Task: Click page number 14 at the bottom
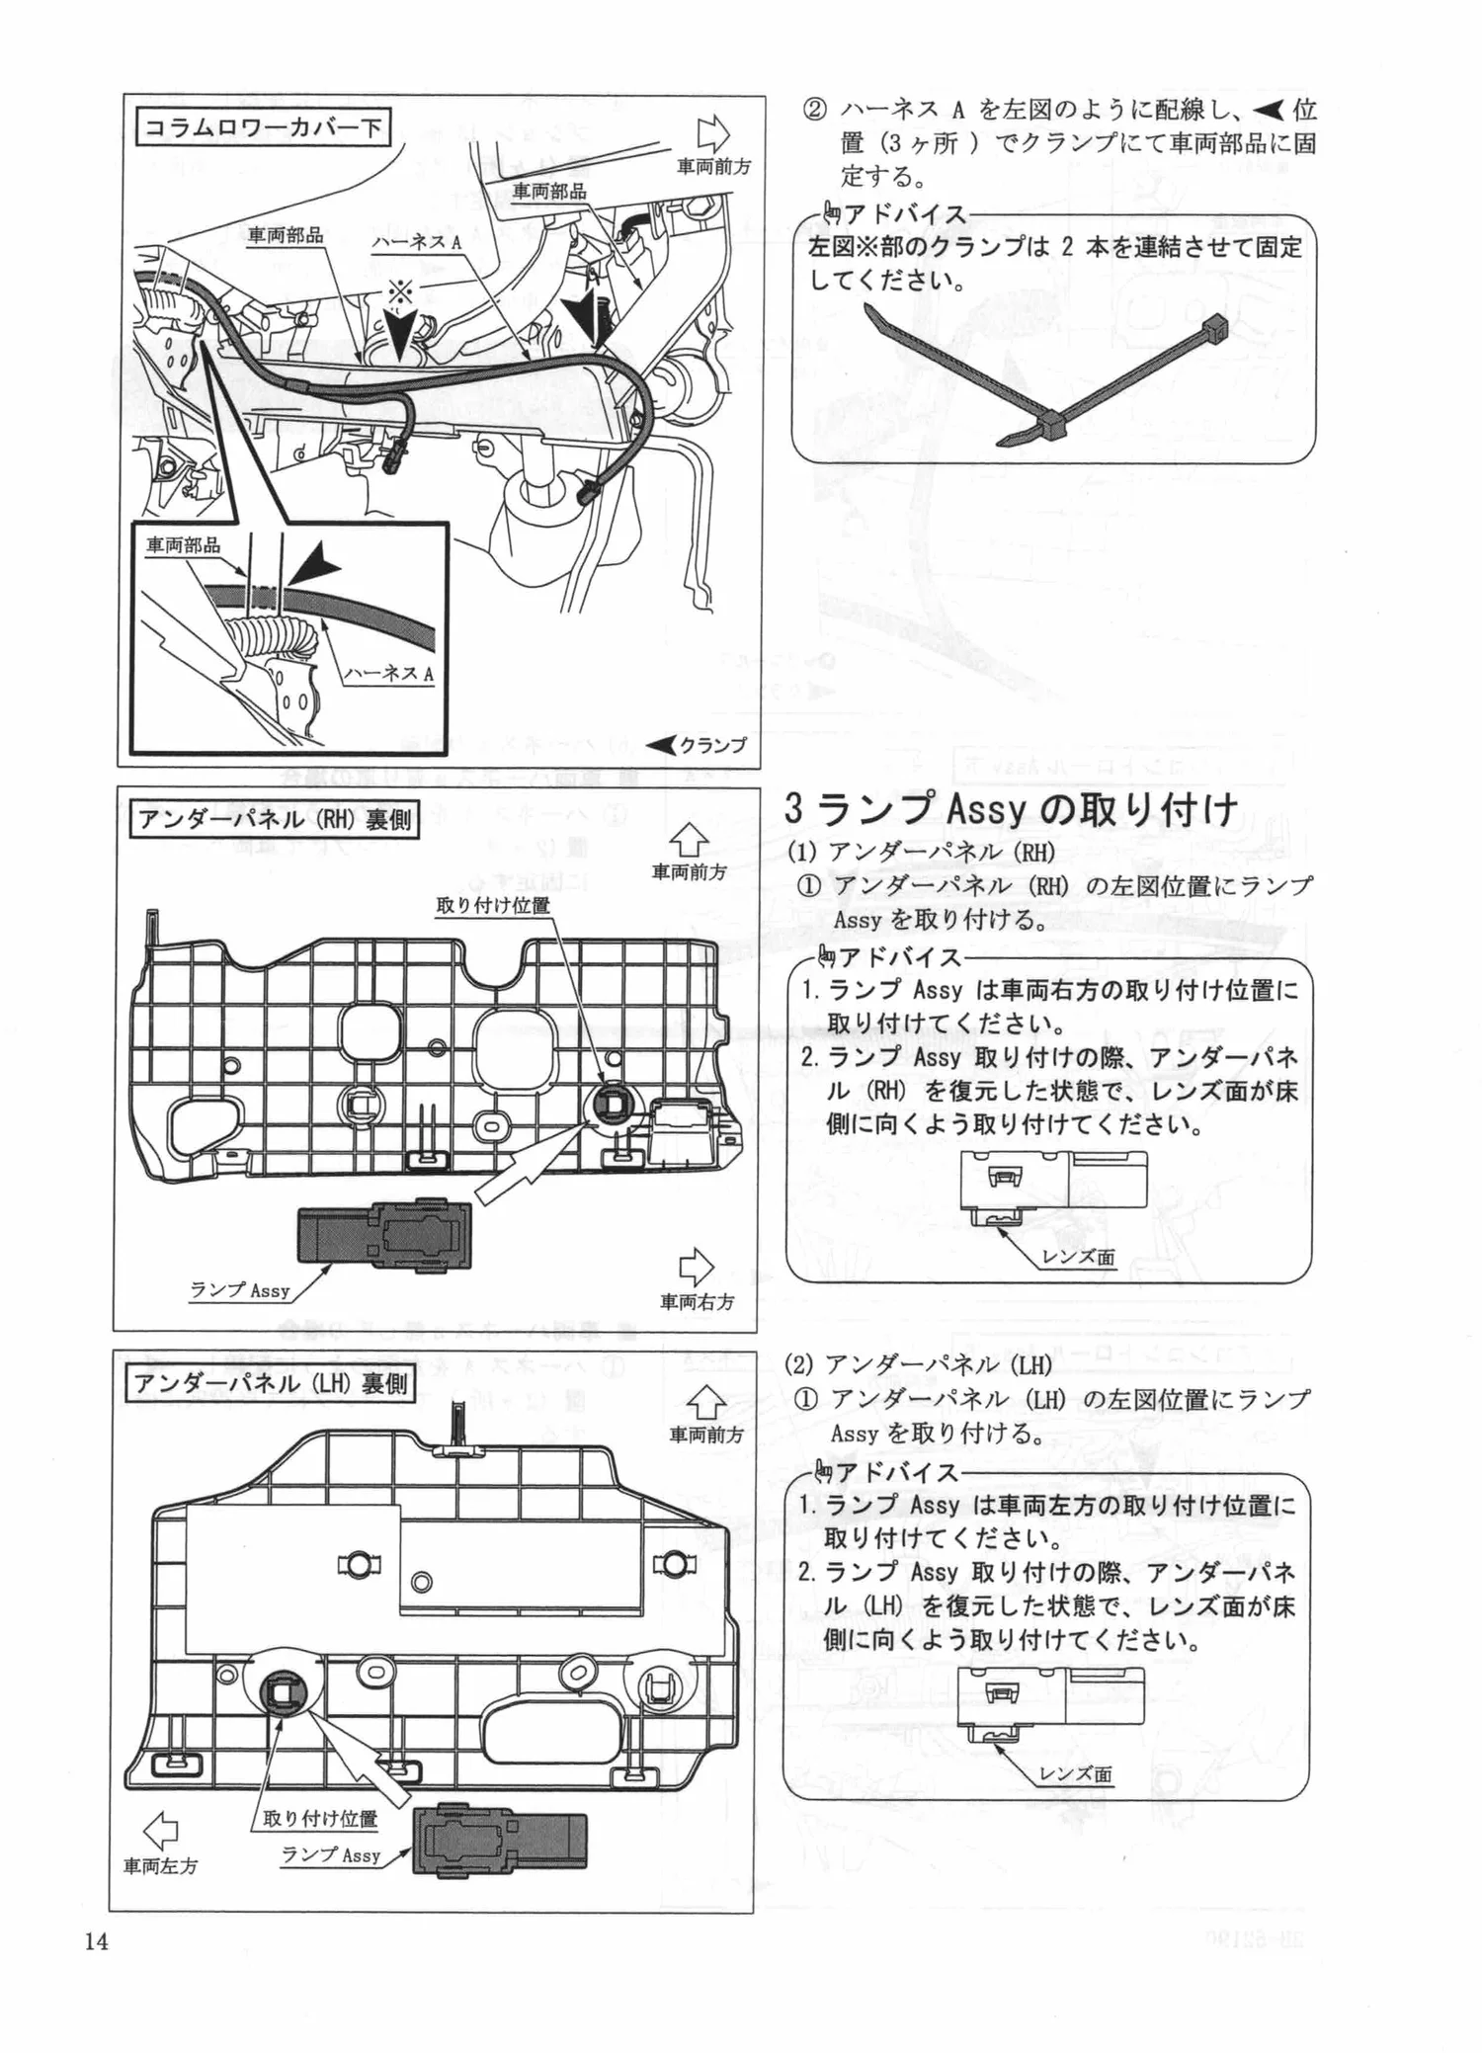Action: [96, 1941]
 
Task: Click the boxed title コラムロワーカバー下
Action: [263, 127]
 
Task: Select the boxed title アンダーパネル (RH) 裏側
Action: [275, 819]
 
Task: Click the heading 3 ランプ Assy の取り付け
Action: [1010, 809]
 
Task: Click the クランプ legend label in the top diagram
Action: [712, 745]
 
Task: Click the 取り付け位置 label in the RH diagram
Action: [493, 905]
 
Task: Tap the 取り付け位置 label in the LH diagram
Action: [320, 1818]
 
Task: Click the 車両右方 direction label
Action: [697, 1301]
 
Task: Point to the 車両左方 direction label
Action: [160, 1865]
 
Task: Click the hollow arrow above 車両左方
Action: [160, 1831]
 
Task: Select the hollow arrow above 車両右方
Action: [697, 1268]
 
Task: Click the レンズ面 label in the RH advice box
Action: [1078, 1258]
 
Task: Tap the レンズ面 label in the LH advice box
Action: [1076, 1773]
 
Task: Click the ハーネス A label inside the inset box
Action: [388, 674]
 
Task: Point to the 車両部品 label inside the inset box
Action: [184, 545]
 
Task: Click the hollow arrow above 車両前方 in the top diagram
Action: [712, 133]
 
